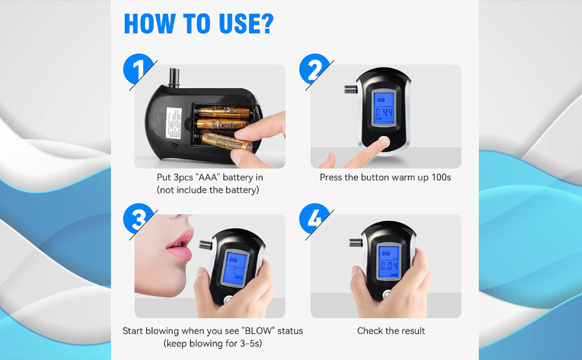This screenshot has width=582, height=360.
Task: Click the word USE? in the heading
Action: [x=238, y=23]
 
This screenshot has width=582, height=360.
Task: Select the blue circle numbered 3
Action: [x=138, y=220]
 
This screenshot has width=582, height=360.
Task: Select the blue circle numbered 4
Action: [x=315, y=220]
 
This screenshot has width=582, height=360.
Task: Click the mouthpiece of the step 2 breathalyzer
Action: [x=350, y=90]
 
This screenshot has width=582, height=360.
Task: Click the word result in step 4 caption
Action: [x=413, y=331]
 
